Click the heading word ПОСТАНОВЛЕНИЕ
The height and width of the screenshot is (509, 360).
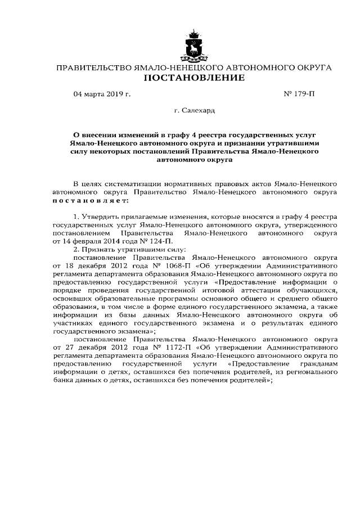195,78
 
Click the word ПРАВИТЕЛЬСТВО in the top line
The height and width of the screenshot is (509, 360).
91,67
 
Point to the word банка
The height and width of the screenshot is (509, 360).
64,380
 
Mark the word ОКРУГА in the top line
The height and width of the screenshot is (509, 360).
310,67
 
